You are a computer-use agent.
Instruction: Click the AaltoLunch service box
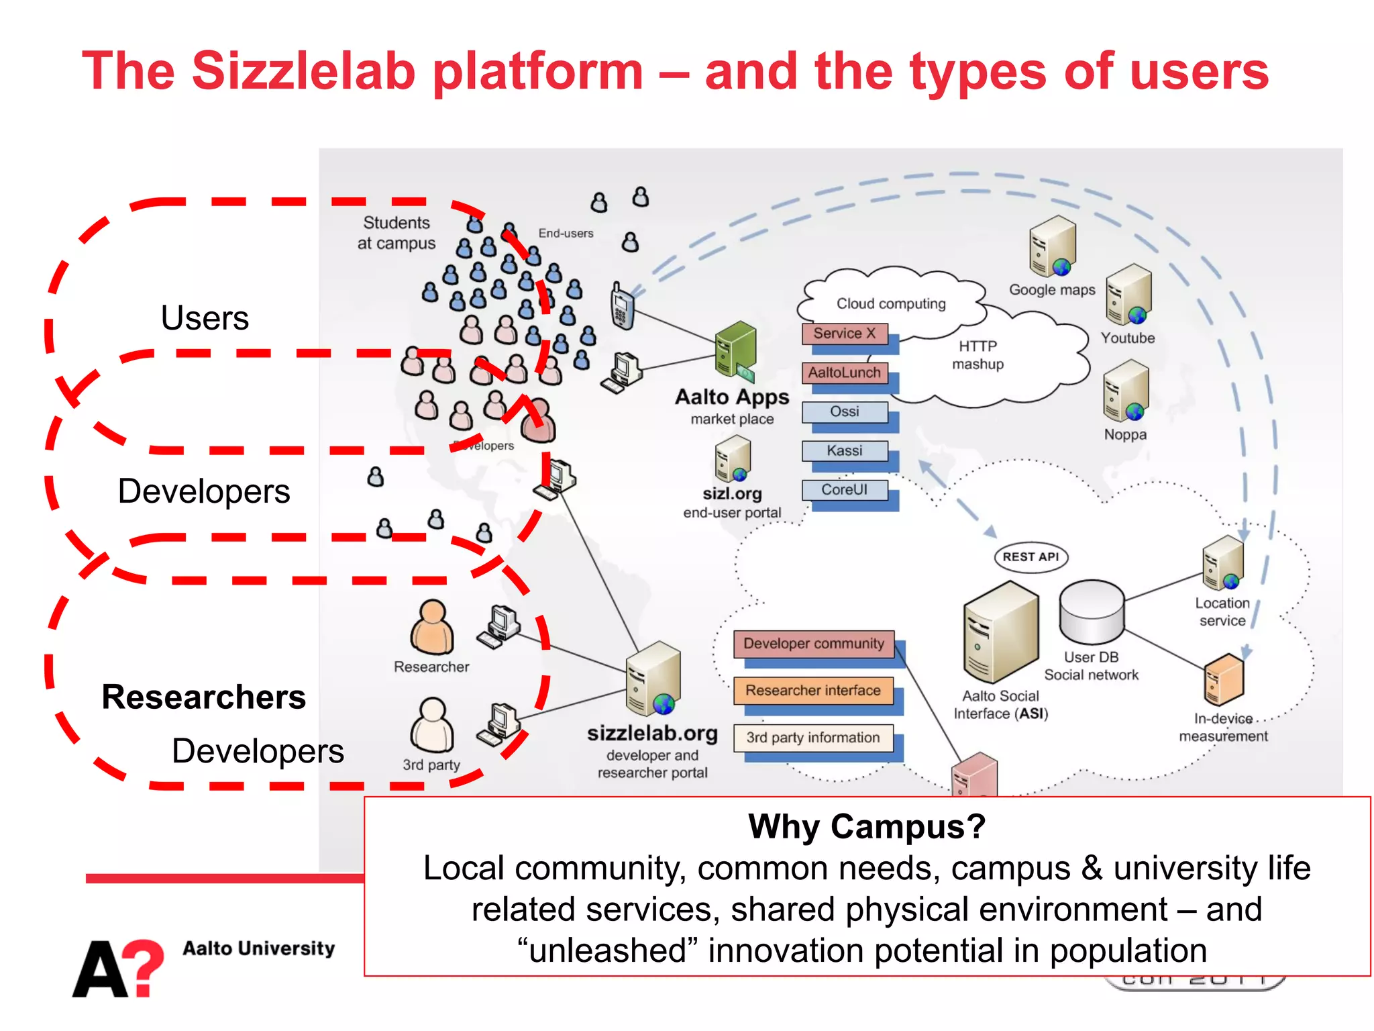coord(844,373)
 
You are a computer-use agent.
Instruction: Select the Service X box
coord(844,334)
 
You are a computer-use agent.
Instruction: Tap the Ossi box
coord(844,411)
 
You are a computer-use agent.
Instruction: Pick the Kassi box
coord(844,450)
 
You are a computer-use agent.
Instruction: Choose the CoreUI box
coord(844,490)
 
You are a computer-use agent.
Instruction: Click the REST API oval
coord(1030,557)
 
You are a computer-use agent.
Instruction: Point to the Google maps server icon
coord(1053,247)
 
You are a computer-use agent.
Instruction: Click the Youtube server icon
coord(1129,295)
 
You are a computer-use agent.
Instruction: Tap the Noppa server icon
coord(1126,391)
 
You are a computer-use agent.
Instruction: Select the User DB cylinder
coord(1092,612)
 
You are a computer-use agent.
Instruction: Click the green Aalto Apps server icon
coord(735,350)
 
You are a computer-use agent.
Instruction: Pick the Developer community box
coord(814,644)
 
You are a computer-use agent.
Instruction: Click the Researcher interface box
coord(813,691)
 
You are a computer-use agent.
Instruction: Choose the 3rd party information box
coord(813,738)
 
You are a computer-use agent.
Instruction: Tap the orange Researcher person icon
coord(432,628)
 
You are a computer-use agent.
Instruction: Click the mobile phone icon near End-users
coord(622,306)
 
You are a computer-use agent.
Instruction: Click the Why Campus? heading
coord(867,826)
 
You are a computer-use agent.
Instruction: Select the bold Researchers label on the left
coord(203,697)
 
